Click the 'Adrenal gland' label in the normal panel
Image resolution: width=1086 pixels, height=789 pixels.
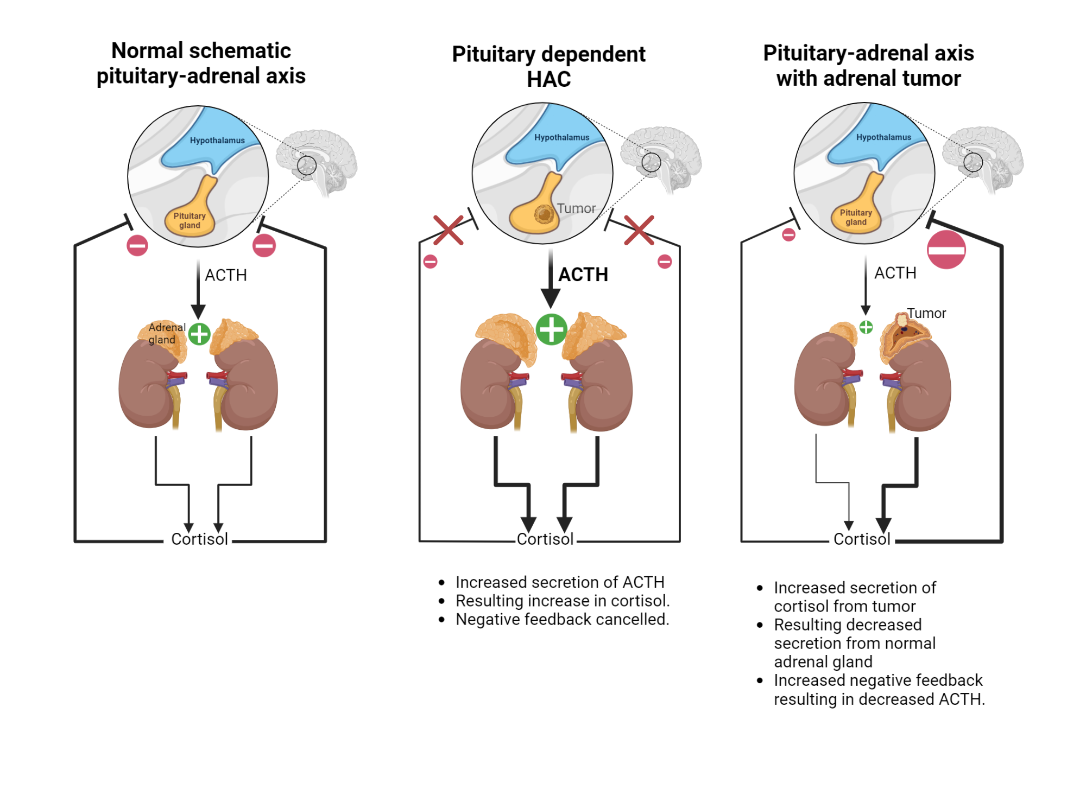[166, 333]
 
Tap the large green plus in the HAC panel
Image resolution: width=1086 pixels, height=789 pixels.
[551, 329]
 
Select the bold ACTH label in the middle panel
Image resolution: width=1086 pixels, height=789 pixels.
[583, 275]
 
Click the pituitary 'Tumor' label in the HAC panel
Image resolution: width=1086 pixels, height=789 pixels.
[576, 208]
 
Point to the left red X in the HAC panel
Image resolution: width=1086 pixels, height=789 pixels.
[449, 230]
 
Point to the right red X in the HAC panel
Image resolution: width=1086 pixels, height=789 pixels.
[639, 230]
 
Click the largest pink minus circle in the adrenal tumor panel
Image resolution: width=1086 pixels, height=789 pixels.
[946, 250]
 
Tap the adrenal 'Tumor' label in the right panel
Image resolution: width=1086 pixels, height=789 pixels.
[926, 313]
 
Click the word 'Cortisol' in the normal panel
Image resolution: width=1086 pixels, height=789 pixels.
[199, 539]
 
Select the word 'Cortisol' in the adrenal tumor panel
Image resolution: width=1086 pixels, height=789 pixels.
[862, 539]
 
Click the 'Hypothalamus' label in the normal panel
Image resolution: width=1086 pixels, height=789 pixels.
[217, 141]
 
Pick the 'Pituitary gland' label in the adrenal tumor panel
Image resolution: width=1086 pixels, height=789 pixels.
[856, 217]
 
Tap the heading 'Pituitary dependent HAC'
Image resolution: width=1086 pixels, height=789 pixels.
[548, 66]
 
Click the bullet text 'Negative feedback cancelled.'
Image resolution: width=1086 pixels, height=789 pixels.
[562, 619]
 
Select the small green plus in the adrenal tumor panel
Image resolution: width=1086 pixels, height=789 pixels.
[866, 327]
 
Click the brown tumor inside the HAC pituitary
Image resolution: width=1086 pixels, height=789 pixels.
[544, 215]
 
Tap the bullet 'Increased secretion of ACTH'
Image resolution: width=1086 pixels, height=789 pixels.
[559, 582]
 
